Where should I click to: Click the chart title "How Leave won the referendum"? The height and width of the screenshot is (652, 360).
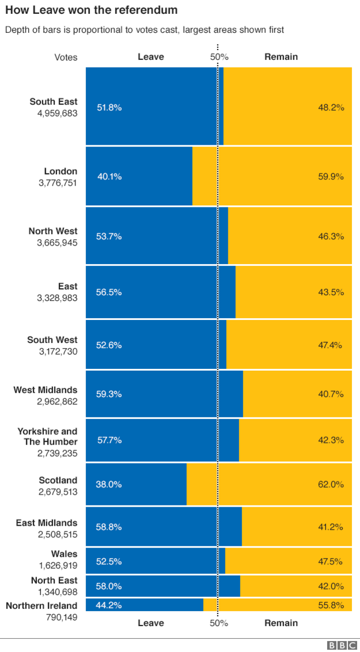coord(91,10)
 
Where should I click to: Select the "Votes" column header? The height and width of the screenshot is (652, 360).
coord(66,57)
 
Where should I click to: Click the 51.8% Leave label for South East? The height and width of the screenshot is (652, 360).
coord(109,107)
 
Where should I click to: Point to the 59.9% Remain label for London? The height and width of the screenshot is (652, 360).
coord(331,176)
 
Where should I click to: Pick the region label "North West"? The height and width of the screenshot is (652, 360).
coord(53,231)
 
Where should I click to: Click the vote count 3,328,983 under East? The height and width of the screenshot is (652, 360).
coord(57,298)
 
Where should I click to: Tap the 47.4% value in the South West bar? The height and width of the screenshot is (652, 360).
coord(331,345)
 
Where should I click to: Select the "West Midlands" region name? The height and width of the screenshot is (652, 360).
coord(46,390)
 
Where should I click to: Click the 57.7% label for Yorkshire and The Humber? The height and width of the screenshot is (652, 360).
coord(109,440)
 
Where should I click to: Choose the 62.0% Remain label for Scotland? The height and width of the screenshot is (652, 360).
coord(331,484)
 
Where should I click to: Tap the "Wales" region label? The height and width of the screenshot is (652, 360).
coord(64,554)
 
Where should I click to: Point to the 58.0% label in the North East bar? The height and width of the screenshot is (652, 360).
coord(109,586)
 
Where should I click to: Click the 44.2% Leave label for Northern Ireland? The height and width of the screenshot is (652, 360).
coord(109,605)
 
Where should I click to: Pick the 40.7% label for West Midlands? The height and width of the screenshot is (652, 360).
coord(331,394)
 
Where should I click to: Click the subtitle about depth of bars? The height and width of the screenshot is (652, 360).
coord(145,30)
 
